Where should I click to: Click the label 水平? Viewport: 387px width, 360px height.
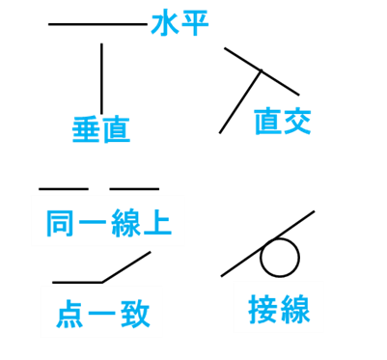tap(180, 23)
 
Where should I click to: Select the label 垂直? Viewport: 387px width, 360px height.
tap(101, 129)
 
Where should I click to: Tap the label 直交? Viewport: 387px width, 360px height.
tap(283, 122)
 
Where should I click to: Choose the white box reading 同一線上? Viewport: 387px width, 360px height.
tap(107, 221)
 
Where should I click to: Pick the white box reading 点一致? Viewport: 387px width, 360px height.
tap(101, 312)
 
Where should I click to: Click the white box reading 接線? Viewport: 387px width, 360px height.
tap(279, 307)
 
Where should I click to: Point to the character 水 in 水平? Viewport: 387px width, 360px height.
tap(165, 23)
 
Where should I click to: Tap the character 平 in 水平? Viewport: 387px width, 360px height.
tap(195, 23)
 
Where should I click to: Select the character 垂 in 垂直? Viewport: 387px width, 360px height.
tap(87, 129)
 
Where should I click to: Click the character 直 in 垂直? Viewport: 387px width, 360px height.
tap(116, 129)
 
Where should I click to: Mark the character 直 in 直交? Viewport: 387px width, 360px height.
tap(267, 122)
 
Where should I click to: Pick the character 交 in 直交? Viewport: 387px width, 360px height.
tap(297, 122)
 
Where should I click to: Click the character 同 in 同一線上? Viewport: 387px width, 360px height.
tap(61, 222)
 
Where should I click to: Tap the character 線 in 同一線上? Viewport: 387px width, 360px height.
tap(124, 222)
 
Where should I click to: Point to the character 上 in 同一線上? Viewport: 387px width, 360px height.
tap(156, 222)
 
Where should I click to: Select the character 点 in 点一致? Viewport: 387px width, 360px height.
tap(70, 313)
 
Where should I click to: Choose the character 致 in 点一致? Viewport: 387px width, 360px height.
tap(133, 313)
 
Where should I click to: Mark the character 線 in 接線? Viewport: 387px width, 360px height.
tap(294, 308)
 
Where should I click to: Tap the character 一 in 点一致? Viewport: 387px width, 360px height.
tap(101, 314)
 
